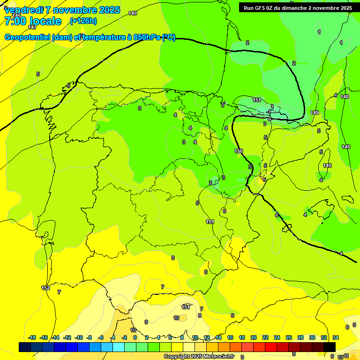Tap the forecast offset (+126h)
(83, 21)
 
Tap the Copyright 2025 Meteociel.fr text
(199, 357)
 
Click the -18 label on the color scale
(32, 337)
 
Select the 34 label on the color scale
(336, 337)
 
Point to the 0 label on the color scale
(135, 337)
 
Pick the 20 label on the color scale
(254, 337)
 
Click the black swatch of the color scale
(330, 347)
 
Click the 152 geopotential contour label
(45, 288)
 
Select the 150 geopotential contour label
(239, 151)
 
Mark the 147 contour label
(32, 27)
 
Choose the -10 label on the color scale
(79, 337)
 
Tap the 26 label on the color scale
(288, 337)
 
